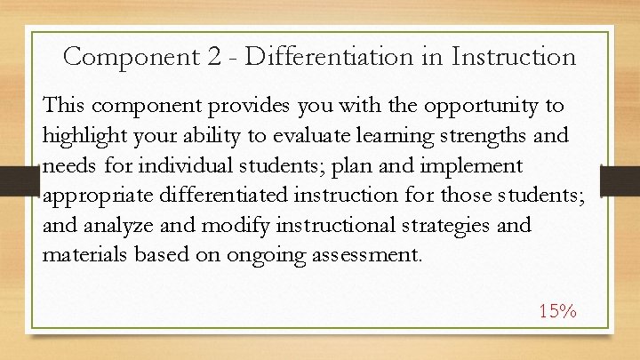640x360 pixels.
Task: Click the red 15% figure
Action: coord(558,311)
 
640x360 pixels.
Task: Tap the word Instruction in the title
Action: coord(514,57)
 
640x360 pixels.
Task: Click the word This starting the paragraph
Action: coord(65,106)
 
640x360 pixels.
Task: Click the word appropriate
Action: coord(94,196)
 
